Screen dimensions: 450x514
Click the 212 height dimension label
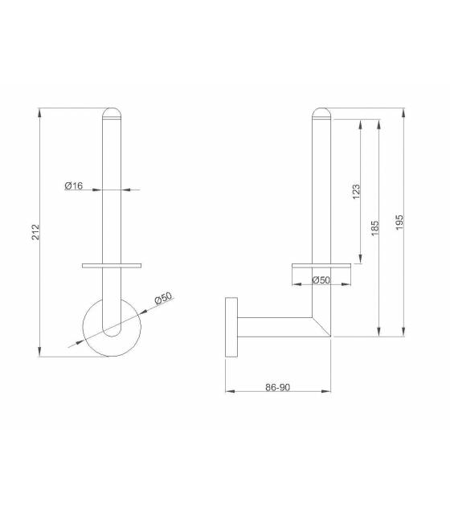35,232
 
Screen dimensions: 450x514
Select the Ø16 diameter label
74,186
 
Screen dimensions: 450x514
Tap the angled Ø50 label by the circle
163,298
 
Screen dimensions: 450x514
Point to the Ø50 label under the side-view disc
321,280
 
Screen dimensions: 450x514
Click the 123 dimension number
356,192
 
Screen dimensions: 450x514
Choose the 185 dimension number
375,228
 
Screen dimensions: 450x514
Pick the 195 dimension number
399,222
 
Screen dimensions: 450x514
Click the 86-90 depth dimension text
277,387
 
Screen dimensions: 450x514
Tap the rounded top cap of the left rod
112,113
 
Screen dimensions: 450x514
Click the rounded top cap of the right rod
321,113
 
